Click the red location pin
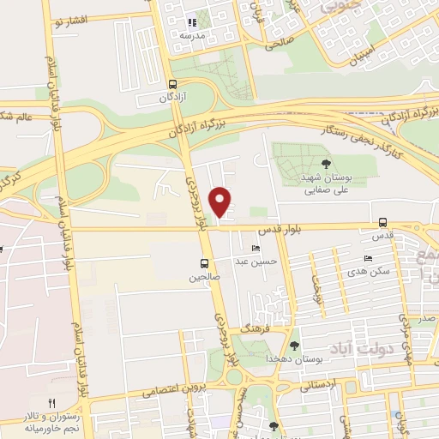coord(220,201)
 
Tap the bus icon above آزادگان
coord(174,85)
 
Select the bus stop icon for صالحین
coord(204,263)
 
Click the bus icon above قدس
coord(382,222)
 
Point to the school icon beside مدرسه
coord(192,23)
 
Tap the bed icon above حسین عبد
coord(255,248)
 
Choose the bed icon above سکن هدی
coord(368,259)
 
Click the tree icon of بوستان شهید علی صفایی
coord(324,163)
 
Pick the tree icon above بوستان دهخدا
coord(294,345)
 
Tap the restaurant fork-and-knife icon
coord(51,403)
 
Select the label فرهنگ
coord(255,328)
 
